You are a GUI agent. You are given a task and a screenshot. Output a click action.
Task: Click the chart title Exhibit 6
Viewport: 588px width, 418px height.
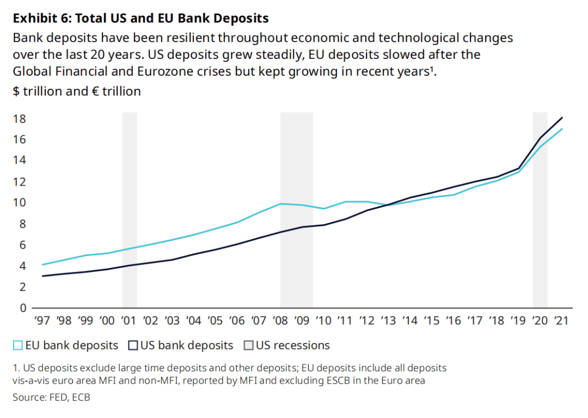point(140,19)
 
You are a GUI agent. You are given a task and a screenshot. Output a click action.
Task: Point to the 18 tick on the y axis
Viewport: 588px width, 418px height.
point(20,119)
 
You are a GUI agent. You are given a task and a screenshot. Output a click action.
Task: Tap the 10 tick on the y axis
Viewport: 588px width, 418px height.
point(20,202)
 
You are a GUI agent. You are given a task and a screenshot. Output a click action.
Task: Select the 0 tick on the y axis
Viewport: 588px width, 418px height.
point(22,308)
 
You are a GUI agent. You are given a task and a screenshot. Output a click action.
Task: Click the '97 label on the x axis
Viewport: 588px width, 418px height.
point(42,320)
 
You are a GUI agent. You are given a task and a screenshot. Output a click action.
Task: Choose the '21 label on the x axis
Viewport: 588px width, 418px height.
point(561,320)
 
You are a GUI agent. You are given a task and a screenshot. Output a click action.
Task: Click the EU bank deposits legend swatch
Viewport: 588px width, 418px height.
point(18,346)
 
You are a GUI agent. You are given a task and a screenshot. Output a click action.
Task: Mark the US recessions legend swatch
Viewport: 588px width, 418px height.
point(248,346)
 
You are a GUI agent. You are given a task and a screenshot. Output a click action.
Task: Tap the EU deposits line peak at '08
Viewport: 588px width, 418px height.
point(281,204)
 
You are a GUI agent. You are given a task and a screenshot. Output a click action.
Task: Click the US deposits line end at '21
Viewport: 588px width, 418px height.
point(562,118)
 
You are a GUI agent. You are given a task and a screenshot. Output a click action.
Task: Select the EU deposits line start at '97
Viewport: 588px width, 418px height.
point(42,265)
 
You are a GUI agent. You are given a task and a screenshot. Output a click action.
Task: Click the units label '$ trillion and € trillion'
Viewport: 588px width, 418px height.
point(77,91)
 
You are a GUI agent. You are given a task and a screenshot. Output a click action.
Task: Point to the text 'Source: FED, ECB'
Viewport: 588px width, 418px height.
point(51,397)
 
